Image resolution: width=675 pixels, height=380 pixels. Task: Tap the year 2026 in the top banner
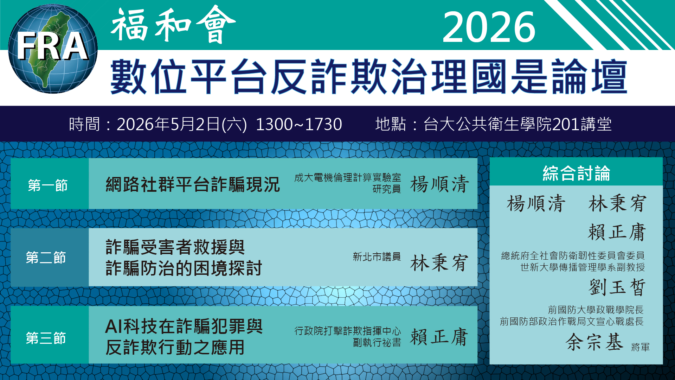click(489, 27)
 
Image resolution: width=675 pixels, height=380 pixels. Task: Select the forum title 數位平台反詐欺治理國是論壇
click(368, 77)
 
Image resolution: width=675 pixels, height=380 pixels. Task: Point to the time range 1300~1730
click(298, 124)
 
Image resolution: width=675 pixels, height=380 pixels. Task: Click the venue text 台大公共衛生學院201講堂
click(517, 124)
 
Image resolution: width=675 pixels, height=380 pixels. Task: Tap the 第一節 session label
click(48, 185)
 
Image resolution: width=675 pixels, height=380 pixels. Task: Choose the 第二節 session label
click(46, 258)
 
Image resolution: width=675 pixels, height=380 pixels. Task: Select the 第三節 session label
click(46, 338)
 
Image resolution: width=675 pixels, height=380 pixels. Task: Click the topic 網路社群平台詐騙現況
click(193, 184)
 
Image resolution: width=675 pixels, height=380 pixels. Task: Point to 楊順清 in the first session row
click(439, 184)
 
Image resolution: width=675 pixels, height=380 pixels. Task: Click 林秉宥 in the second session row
click(439, 263)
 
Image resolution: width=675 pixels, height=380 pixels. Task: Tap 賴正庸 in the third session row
click(439, 337)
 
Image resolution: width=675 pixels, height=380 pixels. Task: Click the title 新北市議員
click(377, 257)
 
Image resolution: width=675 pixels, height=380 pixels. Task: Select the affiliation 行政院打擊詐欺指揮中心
click(347, 331)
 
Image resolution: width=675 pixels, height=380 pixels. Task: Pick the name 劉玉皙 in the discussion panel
click(617, 287)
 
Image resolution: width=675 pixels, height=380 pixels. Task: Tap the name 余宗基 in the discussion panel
click(594, 342)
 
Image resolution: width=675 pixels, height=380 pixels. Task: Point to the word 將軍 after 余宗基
click(640, 347)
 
